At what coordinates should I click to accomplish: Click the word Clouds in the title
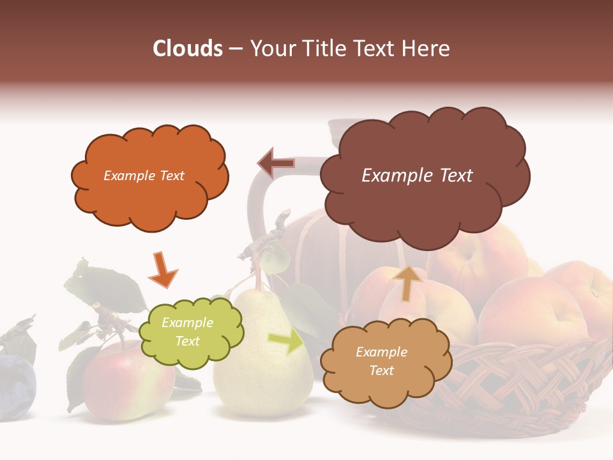187,49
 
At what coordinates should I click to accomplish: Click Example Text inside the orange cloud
144,176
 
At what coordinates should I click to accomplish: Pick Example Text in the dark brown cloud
417,176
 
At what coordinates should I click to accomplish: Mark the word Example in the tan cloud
381,352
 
